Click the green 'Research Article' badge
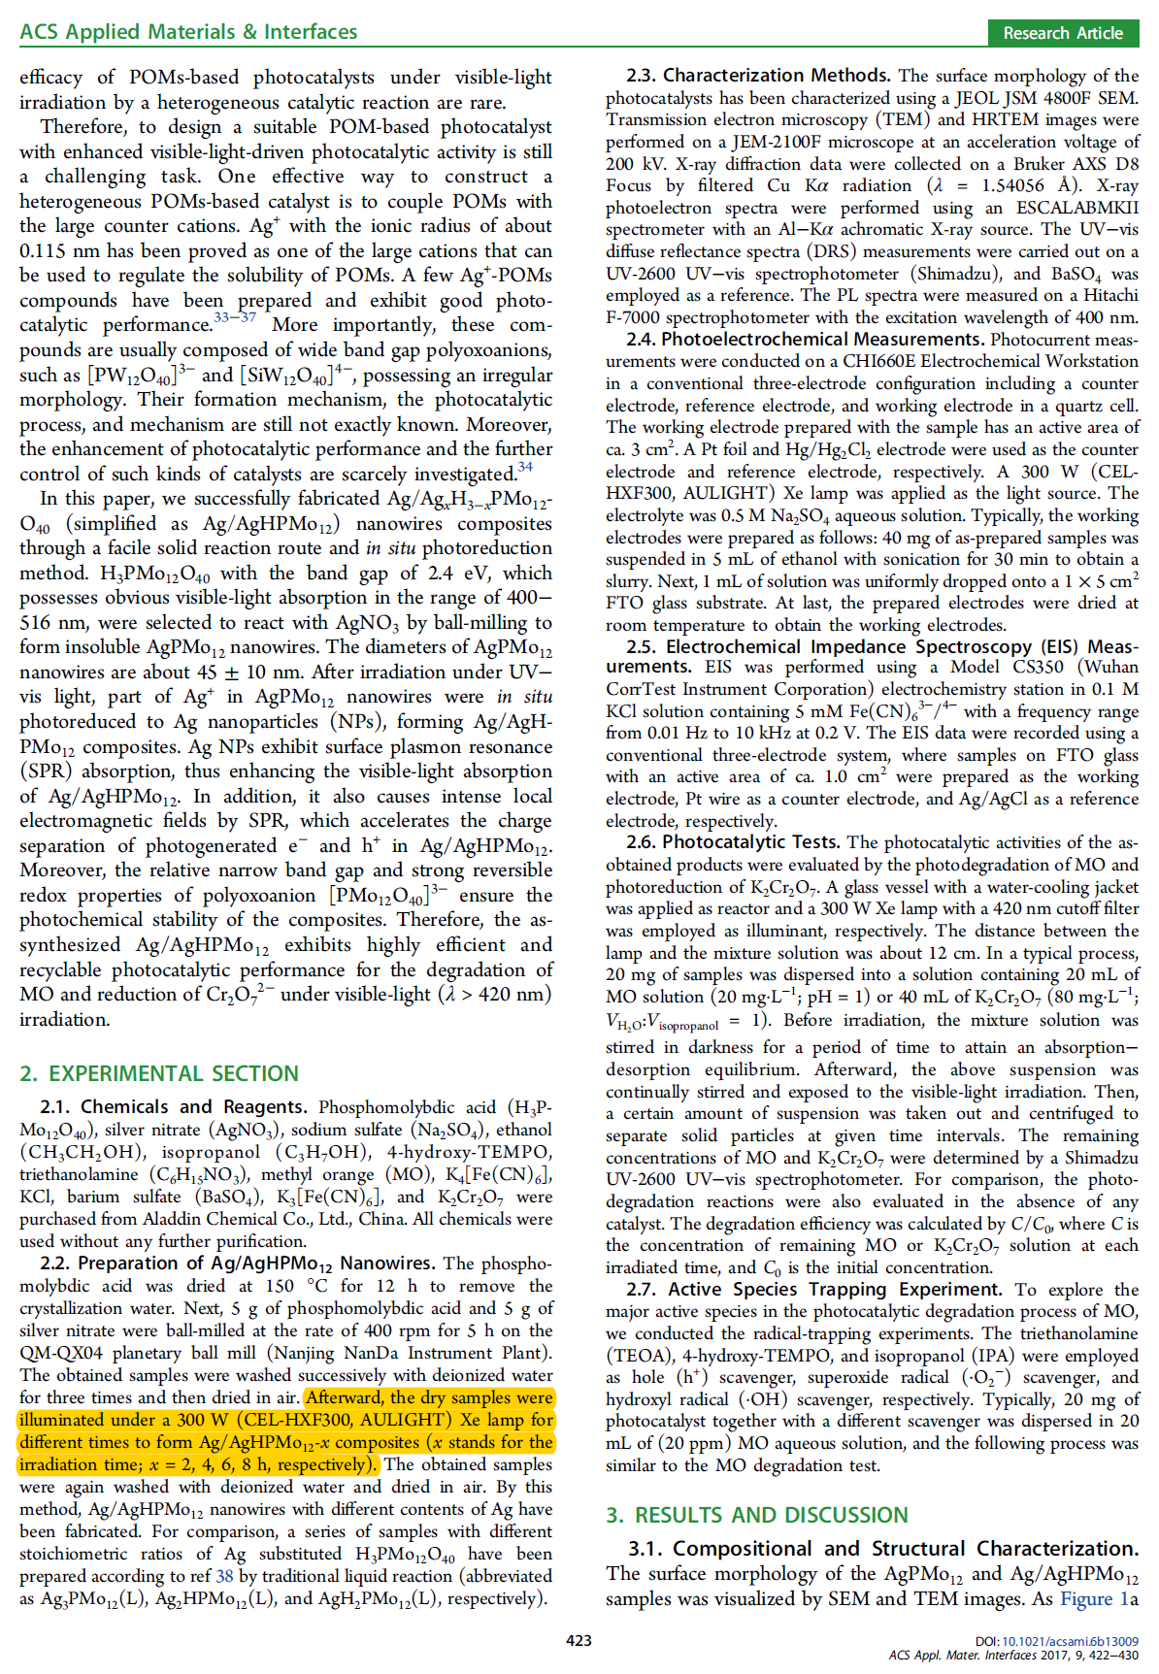1063,33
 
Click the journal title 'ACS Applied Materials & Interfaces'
188,32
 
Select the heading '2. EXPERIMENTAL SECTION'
159,1073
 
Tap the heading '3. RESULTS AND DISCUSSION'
757,1515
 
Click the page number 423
579,1640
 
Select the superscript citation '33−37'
235,317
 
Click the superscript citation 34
525,467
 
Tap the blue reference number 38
224,1576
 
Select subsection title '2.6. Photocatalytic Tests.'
733,842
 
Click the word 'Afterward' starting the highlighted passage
345,1397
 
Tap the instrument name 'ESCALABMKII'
1077,208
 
